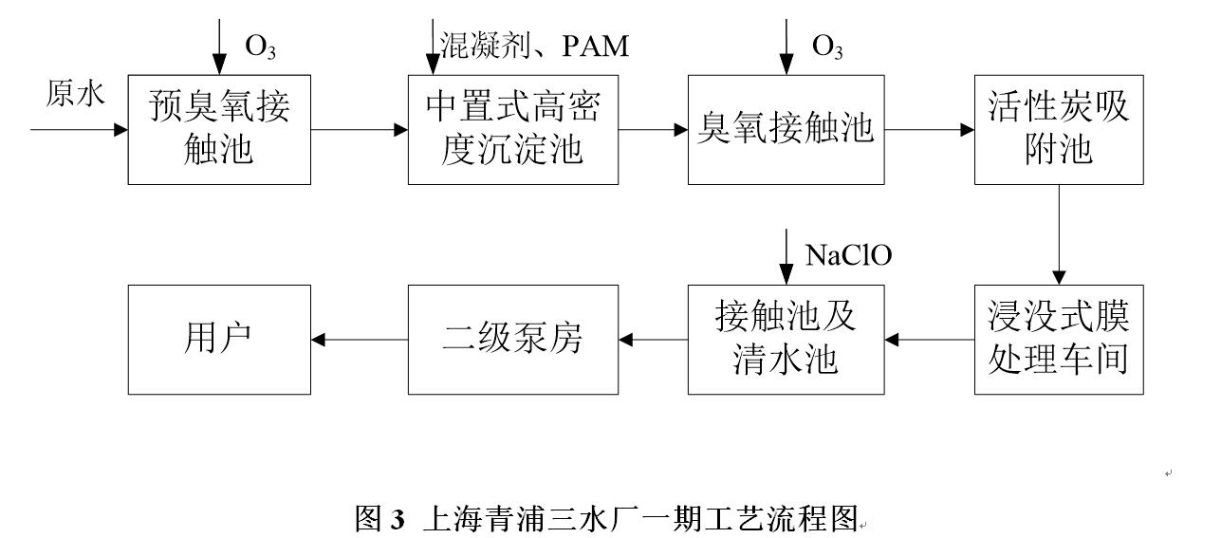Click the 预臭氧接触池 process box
tap(218, 129)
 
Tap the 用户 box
tap(218, 339)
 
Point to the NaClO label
tap(849, 255)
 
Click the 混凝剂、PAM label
tap(534, 46)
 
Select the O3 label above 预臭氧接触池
tap(261, 46)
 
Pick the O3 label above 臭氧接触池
tap(827, 46)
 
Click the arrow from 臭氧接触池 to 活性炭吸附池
tap(924, 129)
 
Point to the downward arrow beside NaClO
tap(786, 255)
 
